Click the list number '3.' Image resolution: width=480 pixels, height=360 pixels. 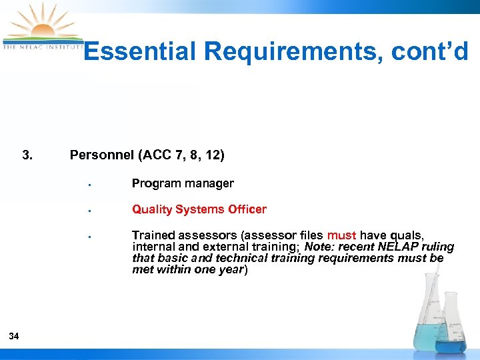[x=27, y=156]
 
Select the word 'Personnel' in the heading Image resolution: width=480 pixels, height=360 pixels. [x=102, y=156]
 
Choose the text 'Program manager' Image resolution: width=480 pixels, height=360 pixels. [x=183, y=183]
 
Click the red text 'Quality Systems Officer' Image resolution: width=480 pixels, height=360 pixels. [x=199, y=209]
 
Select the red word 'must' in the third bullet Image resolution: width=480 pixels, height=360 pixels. [x=341, y=235]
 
